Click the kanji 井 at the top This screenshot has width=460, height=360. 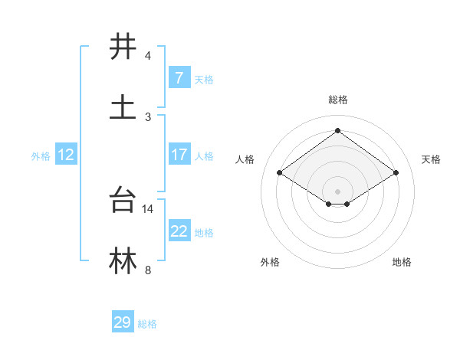point(123,47)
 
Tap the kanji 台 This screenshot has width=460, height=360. point(123,200)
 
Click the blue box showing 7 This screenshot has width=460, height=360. point(179,77)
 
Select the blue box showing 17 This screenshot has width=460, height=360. point(179,155)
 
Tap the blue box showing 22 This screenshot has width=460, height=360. point(179,231)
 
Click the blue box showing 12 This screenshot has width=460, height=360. point(66,155)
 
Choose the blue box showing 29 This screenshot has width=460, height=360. point(123,322)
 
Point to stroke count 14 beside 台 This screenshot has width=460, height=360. point(148,208)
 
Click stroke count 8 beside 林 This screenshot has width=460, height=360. point(147,270)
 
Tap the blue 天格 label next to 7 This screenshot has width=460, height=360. point(203,79)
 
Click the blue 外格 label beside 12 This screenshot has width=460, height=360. point(41,155)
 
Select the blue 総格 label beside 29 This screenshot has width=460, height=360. point(147,324)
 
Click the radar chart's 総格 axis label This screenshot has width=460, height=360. point(338,100)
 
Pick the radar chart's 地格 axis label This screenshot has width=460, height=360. point(402,262)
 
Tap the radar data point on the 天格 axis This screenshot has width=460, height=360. point(396,173)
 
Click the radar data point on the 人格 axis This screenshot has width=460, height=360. point(280,173)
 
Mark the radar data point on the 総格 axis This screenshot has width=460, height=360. point(338,130)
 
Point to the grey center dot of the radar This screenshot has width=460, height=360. point(338,191)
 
